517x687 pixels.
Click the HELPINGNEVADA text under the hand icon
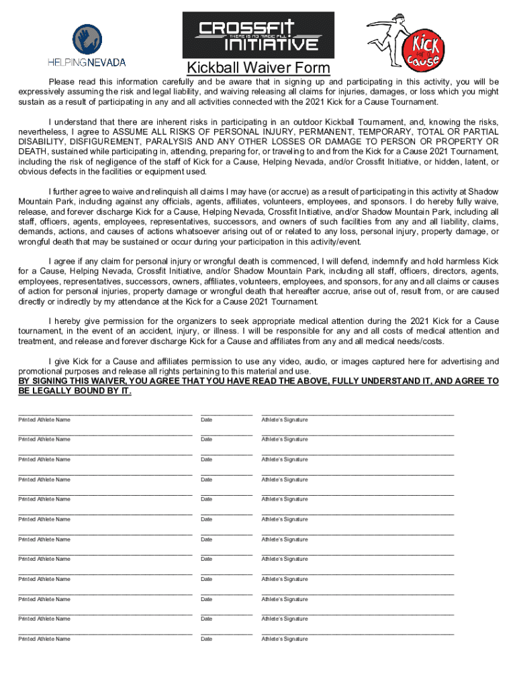pyautogui.click(x=86, y=62)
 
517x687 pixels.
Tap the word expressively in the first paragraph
pyautogui.click(x=46, y=92)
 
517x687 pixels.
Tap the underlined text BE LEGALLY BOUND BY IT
pyautogui.click(x=74, y=390)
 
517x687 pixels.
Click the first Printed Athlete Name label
pyautogui.click(x=44, y=420)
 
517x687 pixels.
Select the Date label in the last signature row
pyautogui.click(x=206, y=639)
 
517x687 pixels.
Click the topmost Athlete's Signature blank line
pyautogui.click(x=357, y=414)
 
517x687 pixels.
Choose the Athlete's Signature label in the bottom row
pyautogui.click(x=285, y=639)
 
